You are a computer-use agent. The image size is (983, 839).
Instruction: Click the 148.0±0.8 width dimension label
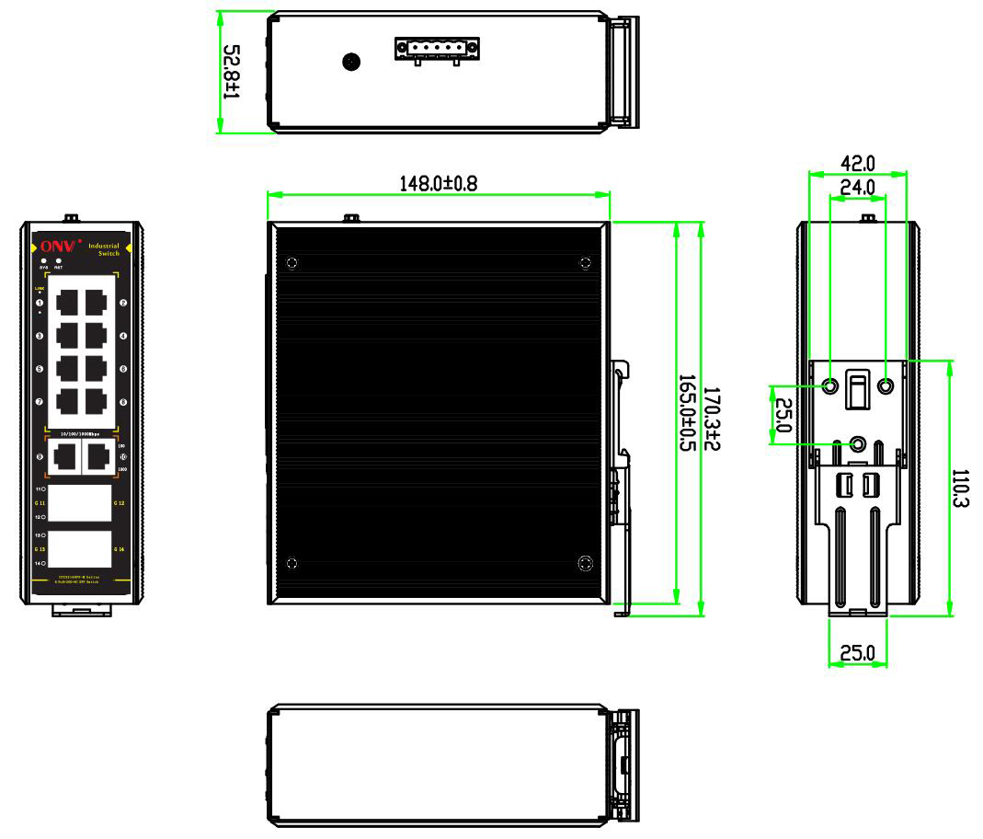pyautogui.click(x=438, y=182)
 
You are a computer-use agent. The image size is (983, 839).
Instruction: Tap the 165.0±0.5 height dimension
pyautogui.click(x=687, y=411)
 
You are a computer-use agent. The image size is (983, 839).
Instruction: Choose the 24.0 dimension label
pyautogui.click(x=857, y=187)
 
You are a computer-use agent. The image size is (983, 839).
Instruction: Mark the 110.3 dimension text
pyautogui.click(x=961, y=490)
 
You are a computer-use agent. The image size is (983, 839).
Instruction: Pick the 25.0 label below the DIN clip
pyautogui.click(x=858, y=654)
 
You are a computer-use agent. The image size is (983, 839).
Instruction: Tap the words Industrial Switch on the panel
pyautogui.click(x=103, y=249)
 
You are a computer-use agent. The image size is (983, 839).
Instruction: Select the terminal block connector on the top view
pyautogui.click(x=437, y=49)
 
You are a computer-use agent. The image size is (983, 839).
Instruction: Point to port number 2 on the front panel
pyautogui.click(x=123, y=302)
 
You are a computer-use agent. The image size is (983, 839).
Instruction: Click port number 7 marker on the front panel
pyautogui.click(x=40, y=402)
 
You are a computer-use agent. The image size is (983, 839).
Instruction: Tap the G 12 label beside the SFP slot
pyautogui.click(x=119, y=503)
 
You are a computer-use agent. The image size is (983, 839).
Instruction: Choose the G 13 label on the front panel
pyautogui.click(x=39, y=549)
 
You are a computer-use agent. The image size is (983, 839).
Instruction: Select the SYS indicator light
pyautogui.click(x=43, y=261)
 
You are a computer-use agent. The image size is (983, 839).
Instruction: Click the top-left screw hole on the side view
pyautogui.click(x=292, y=263)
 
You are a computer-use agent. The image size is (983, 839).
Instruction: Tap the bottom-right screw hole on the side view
pyautogui.click(x=585, y=563)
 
